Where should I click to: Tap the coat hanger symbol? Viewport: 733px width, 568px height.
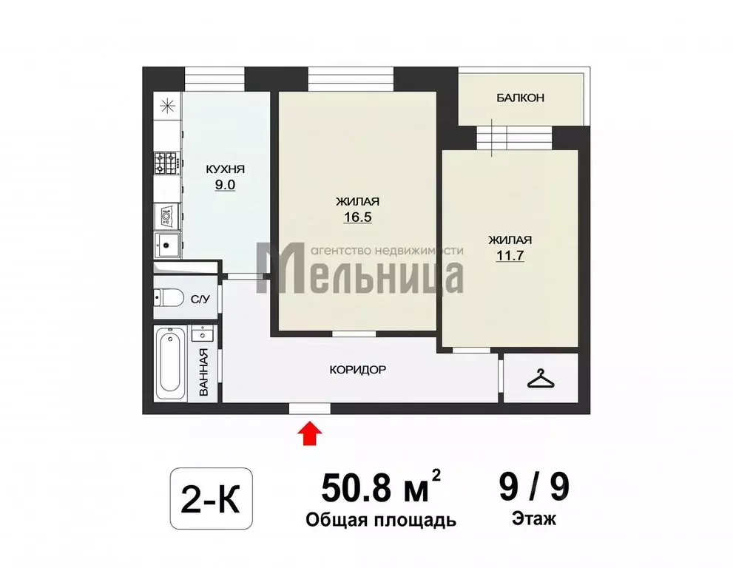pos(541,379)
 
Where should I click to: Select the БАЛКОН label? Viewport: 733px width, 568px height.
pos(520,98)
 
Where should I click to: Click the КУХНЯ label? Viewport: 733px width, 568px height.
pos(225,169)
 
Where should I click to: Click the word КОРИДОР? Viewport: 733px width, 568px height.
pos(358,370)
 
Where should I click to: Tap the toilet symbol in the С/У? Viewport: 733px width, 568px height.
pos(169,298)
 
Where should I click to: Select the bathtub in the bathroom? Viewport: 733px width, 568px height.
pos(169,362)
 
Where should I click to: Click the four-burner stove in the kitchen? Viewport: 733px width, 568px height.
pos(166,163)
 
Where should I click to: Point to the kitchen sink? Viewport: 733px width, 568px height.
pos(167,244)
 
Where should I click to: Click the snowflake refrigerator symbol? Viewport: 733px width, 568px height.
pos(168,105)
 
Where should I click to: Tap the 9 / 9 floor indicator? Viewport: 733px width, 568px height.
pos(533,488)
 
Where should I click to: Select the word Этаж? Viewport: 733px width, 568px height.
pos(533,519)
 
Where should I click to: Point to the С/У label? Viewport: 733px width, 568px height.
pos(200,300)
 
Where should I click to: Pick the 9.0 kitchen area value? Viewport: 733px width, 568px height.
pos(225,186)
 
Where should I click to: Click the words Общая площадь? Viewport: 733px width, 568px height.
pos(381,521)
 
